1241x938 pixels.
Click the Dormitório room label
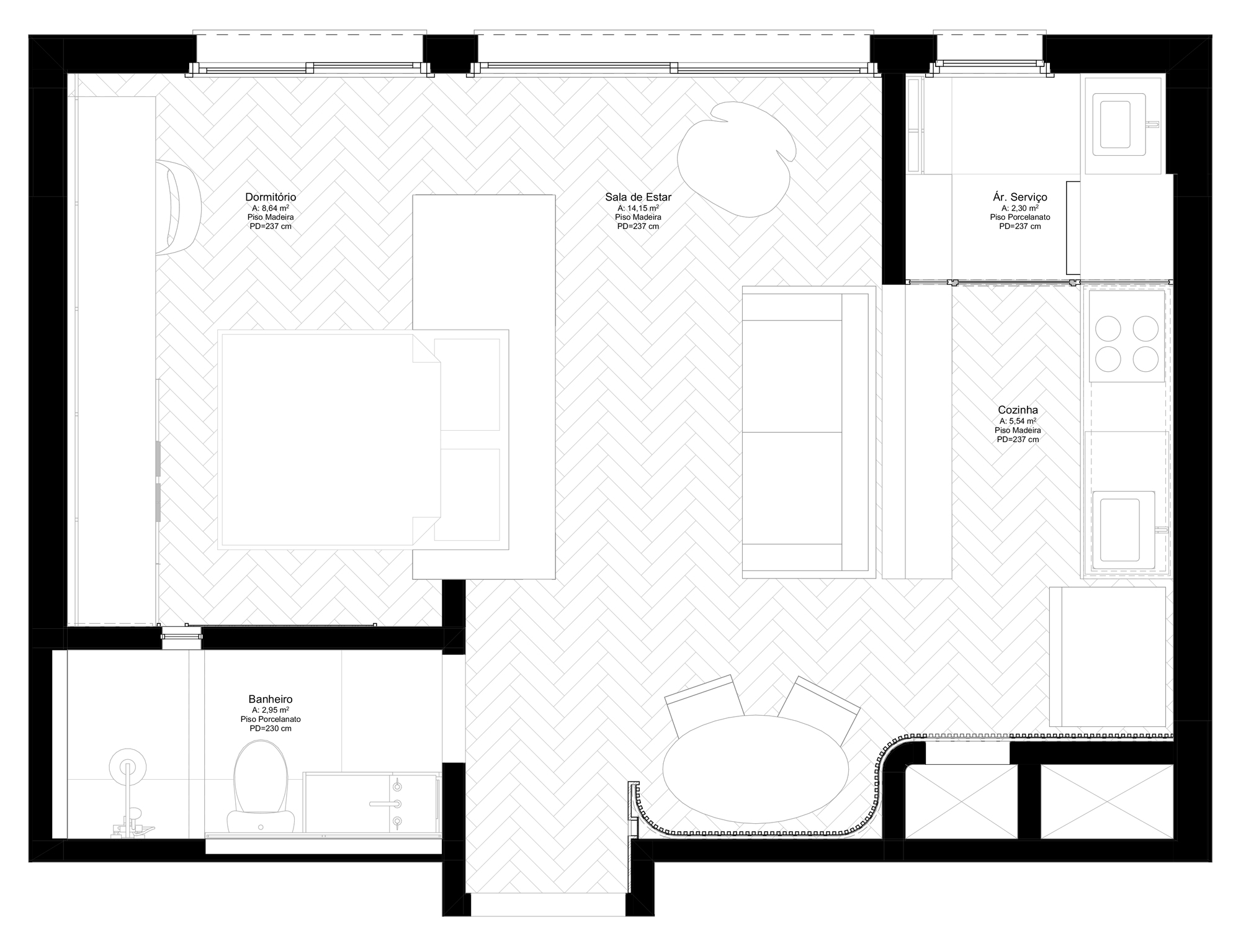(271, 197)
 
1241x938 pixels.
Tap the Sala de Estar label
(638, 197)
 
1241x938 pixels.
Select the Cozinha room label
(1018, 410)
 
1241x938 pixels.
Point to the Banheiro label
(271, 700)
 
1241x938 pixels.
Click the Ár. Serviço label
(1020, 197)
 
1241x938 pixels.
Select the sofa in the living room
(809, 433)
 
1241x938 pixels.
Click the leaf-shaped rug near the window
(736, 160)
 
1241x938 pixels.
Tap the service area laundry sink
(1123, 125)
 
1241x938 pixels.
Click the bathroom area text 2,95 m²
(271, 710)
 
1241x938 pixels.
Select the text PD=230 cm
(271, 728)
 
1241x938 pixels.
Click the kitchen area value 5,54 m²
(1018, 421)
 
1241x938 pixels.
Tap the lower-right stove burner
(1145, 358)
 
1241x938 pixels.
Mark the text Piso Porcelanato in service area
(1020, 217)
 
